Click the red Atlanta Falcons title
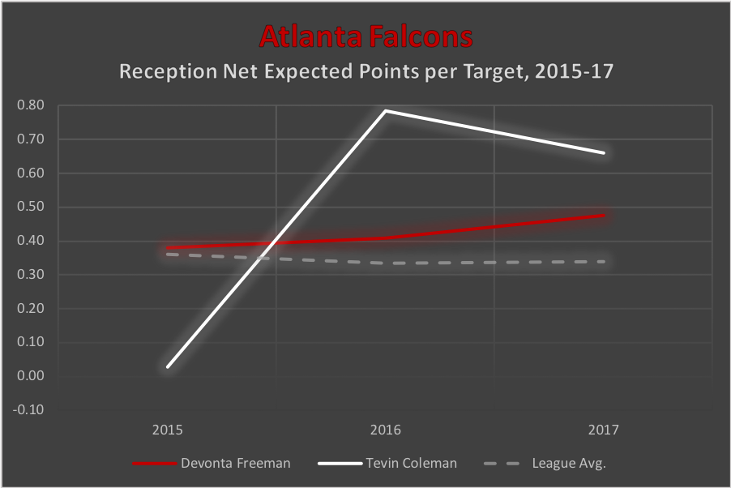tap(366, 36)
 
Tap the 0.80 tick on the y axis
tap(31, 105)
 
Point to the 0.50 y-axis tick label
tap(31, 207)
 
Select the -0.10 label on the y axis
tap(28, 409)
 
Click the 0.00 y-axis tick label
tap(31, 376)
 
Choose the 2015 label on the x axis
tap(168, 430)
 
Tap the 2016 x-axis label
tap(386, 430)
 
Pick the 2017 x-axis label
tap(604, 430)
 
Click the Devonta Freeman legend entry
tap(212, 463)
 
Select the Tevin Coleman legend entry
tap(387, 463)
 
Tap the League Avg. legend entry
tap(545, 463)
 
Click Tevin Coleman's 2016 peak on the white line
tap(386, 111)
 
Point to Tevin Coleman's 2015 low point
tap(168, 366)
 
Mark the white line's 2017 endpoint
tap(604, 153)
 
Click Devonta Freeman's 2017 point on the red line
tap(604, 216)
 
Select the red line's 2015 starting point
tap(168, 248)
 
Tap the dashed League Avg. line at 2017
tap(604, 262)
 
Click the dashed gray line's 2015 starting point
tap(168, 255)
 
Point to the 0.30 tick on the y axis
tap(31, 274)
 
